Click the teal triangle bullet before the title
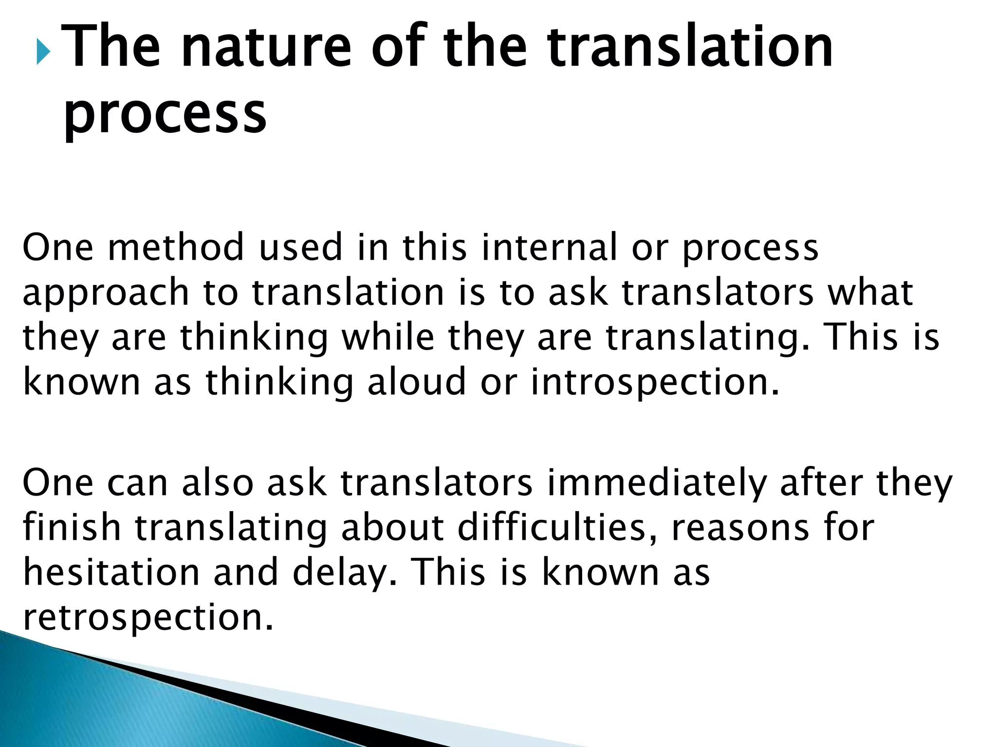coord(43,54)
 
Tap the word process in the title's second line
coord(166,114)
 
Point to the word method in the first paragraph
coord(176,248)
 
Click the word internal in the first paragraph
coord(550,248)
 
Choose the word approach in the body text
coord(106,294)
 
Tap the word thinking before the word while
coord(255,338)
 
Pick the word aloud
coord(417,382)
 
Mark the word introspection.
coord(655,383)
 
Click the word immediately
coord(656,484)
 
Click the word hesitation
coord(111,572)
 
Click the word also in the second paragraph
coord(218,483)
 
